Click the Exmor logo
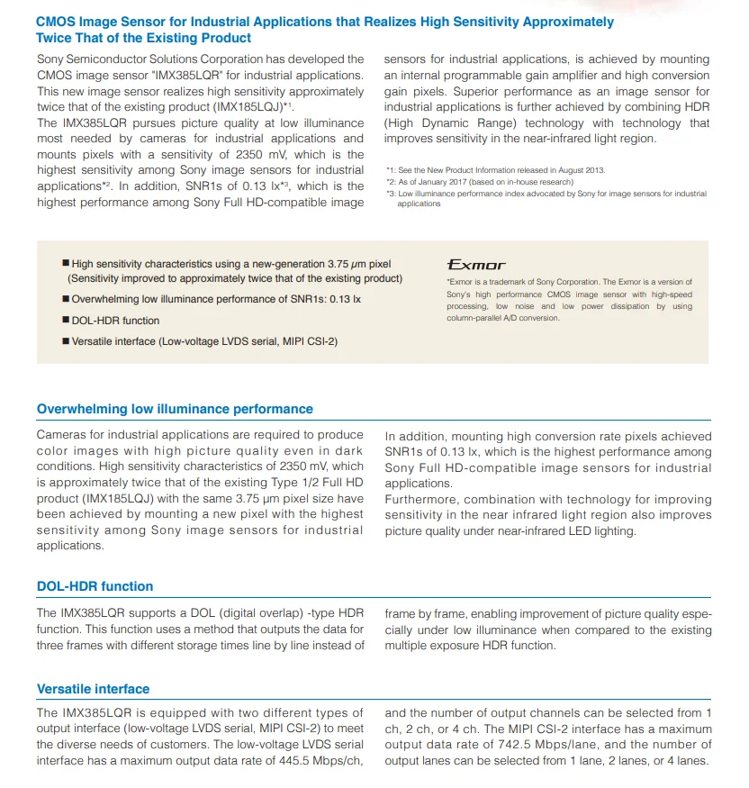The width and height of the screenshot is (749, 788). (476, 265)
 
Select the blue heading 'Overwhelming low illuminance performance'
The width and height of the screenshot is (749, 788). (175, 409)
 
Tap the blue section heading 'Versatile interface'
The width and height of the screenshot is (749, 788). (93, 689)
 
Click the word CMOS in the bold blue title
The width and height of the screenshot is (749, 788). (56, 22)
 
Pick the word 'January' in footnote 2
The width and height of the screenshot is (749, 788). (432, 182)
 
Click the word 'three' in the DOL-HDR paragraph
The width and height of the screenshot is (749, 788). (52, 645)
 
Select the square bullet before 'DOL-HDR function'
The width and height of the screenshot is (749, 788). (66, 321)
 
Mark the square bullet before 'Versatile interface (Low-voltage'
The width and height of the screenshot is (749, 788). (66, 341)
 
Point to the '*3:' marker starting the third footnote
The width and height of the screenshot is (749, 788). (391, 194)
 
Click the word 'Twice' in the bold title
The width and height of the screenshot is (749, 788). (53, 38)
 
